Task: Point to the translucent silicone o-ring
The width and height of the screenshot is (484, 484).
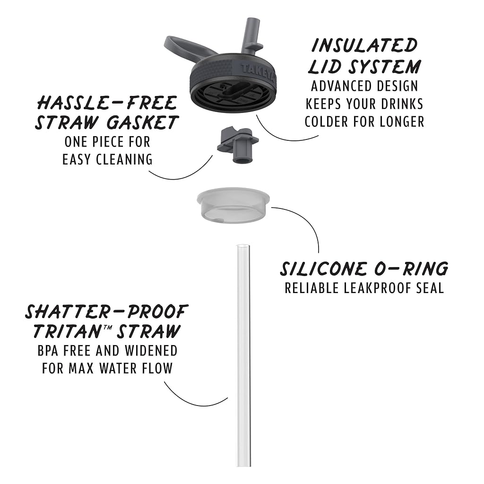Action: pyautogui.click(x=233, y=205)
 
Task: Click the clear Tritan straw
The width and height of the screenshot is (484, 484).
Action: pyautogui.click(x=243, y=355)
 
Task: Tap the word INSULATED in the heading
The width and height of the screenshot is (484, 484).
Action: pyautogui.click(x=364, y=45)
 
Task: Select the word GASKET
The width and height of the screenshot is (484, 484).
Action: pyautogui.click(x=142, y=122)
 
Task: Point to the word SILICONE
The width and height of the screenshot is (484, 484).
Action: pyautogui.click(x=324, y=268)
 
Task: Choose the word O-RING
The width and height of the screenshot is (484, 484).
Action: pyautogui.click(x=411, y=268)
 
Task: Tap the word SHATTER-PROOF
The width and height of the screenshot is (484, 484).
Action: pyautogui.click(x=106, y=312)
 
